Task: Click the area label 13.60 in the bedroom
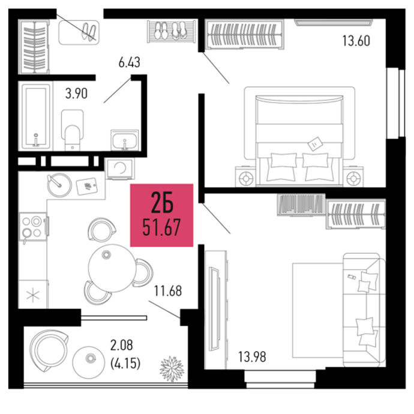coord(356,41)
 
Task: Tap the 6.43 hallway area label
coord(129,63)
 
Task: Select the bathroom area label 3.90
coord(76,94)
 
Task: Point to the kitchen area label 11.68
coord(168,291)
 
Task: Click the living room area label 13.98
coord(252,357)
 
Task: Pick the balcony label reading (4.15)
coord(125,364)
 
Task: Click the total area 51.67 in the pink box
coord(161,227)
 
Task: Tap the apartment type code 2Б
coord(162,203)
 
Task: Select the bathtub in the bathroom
coord(36,116)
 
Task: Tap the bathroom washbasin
coord(125,140)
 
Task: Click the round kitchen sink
coord(59,185)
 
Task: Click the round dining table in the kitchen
coord(112,268)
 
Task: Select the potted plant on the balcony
coord(172,368)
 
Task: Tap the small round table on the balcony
coord(89,362)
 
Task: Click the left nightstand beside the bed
coord(245,176)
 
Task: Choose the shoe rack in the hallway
coord(172,31)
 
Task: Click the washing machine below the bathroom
coord(119,169)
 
